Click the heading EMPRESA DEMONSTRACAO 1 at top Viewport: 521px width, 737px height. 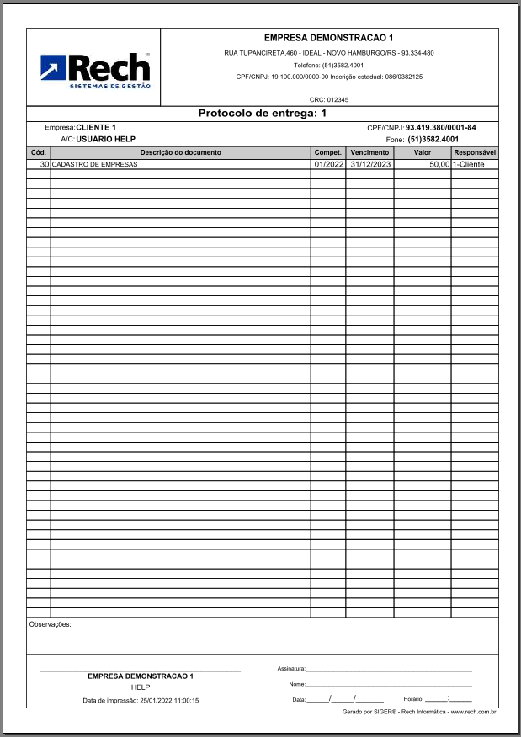328,38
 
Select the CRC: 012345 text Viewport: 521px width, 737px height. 329,99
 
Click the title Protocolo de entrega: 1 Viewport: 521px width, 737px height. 262,113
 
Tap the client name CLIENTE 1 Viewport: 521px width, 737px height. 96,127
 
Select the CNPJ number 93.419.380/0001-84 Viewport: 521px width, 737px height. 441,128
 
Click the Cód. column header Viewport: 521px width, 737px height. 38,152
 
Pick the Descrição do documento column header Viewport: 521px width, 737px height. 180,152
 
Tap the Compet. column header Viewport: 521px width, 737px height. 327,152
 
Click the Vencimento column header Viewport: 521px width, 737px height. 369,152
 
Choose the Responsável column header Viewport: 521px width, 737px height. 475,152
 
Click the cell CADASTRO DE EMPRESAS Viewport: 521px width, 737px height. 94,165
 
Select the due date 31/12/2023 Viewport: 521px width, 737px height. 371,165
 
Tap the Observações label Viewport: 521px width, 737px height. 51,624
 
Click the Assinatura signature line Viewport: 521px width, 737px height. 388,669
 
